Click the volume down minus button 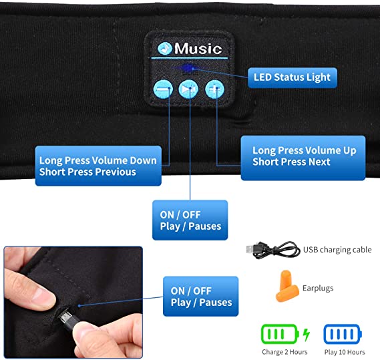(163, 89)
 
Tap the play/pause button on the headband (188, 89)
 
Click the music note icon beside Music (164, 49)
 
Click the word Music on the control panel (198, 49)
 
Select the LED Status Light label (293, 77)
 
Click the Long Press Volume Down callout (98, 166)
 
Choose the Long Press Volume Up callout (303, 158)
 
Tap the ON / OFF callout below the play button (190, 220)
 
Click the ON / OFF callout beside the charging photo (200, 297)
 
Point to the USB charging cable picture (273, 250)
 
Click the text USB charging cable (337, 250)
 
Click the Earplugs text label (318, 289)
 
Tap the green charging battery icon (285, 334)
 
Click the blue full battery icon (343, 334)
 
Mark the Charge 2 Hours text (284, 352)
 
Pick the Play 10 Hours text (345, 352)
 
